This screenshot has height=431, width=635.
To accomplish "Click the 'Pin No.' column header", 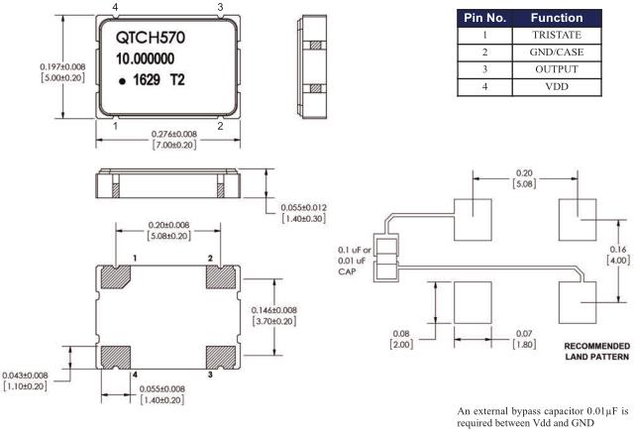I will coord(485,17).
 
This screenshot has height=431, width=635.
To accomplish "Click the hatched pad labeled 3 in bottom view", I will coord(222,356).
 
